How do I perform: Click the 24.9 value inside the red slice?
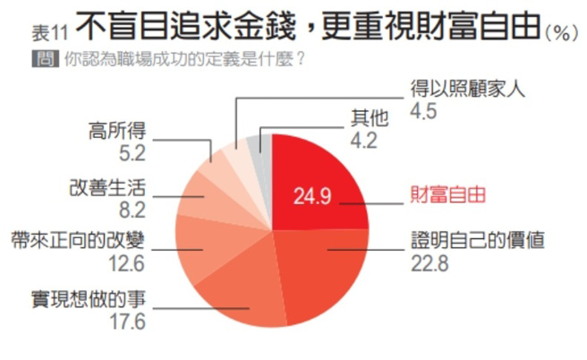313,194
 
